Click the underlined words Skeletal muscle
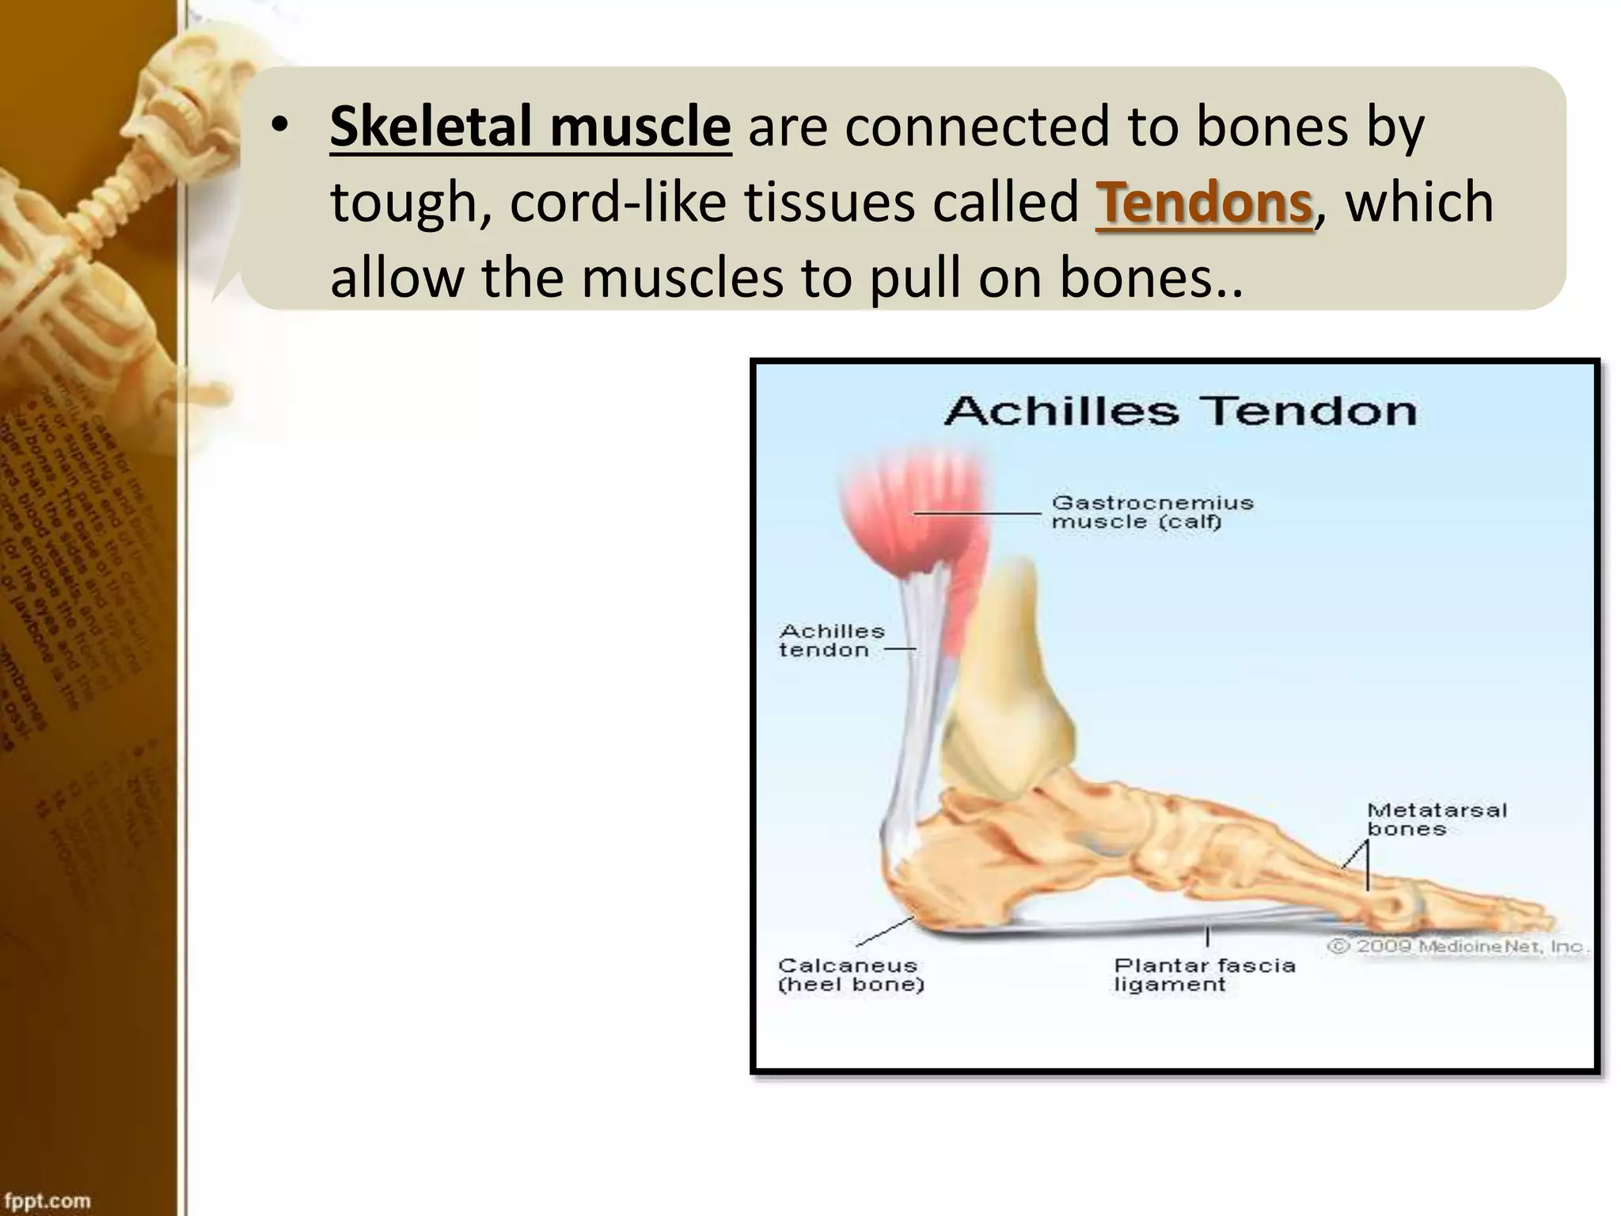pyautogui.click(x=530, y=127)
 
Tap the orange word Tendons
pyautogui.click(x=1204, y=203)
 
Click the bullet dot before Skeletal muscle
pyautogui.click(x=278, y=127)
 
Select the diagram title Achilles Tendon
pyautogui.click(x=1179, y=412)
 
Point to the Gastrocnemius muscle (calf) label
pyautogui.click(x=1152, y=511)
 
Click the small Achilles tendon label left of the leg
pyautogui.click(x=830, y=640)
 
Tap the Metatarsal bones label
pyautogui.click(x=1436, y=819)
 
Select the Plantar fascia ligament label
pyautogui.click(x=1204, y=975)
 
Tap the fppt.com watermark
pyautogui.click(x=45, y=1201)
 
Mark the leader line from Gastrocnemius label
pyautogui.click(x=978, y=513)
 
